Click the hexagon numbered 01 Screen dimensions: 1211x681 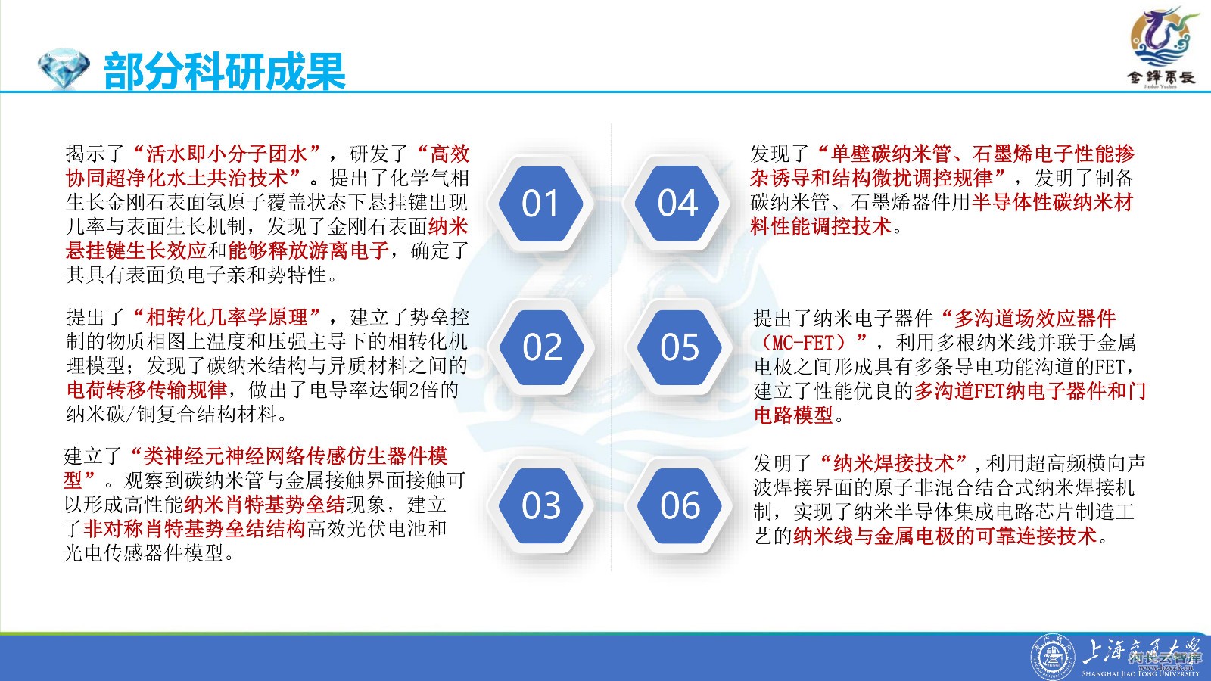click(x=540, y=204)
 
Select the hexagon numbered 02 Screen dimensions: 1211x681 click(x=542, y=347)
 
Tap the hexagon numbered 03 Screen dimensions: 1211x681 click(x=540, y=505)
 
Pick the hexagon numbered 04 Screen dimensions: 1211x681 click(x=677, y=204)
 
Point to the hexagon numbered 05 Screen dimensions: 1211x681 click(x=680, y=347)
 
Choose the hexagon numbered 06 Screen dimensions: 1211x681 click(x=680, y=505)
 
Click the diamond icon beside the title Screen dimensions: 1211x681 click(x=64, y=69)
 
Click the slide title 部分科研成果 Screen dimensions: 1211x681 click(x=224, y=71)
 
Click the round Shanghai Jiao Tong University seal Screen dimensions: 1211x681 click(x=1052, y=658)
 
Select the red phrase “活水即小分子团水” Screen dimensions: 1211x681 click(x=227, y=154)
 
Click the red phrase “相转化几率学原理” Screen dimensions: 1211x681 click(x=227, y=317)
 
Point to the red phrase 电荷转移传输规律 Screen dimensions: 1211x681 click(x=147, y=390)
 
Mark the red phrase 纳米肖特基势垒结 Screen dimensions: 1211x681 click(x=264, y=505)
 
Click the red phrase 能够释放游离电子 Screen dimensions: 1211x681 click(x=308, y=250)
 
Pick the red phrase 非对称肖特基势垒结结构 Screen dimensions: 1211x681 click(x=195, y=529)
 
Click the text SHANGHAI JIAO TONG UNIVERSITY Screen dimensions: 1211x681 click(x=1141, y=674)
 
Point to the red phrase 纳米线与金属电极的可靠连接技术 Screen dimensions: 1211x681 click(x=945, y=536)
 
